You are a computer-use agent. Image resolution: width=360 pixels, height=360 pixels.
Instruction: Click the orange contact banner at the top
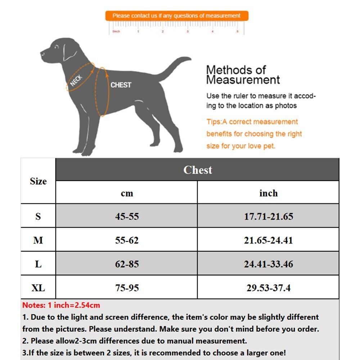[x=176, y=16]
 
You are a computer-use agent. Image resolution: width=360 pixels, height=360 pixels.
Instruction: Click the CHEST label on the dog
[x=121, y=85]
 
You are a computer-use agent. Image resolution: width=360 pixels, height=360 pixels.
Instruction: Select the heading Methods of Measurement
[x=242, y=75]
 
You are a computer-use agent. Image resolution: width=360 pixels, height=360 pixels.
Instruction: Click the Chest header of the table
[x=197, y=170]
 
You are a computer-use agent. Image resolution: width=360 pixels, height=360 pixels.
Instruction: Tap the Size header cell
[x=38, y=181]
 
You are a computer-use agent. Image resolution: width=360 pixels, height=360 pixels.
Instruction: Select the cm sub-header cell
[x=127, y=193]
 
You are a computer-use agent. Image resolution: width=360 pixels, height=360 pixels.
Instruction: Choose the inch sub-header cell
[x=268, y=193]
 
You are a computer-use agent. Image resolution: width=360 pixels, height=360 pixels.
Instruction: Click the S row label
[x=38, y=216]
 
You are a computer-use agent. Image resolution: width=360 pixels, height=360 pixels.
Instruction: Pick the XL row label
[x=38, y=288]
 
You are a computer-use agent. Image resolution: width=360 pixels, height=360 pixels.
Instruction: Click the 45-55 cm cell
[x=127, y=216]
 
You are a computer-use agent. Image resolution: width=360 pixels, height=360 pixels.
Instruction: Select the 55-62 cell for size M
[x=127, y=240]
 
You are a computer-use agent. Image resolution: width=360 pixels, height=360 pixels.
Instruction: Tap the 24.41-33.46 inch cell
[x=268, y=264]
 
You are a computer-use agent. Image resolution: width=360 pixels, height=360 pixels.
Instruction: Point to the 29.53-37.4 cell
[x=268, y=288]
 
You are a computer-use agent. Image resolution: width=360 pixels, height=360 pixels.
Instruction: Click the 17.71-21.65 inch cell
[x=268, y=216]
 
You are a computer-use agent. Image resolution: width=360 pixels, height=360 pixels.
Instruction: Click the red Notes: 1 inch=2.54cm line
[x=61, y=305]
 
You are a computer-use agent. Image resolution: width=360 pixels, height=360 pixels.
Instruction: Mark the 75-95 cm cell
[x=127, y=288]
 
